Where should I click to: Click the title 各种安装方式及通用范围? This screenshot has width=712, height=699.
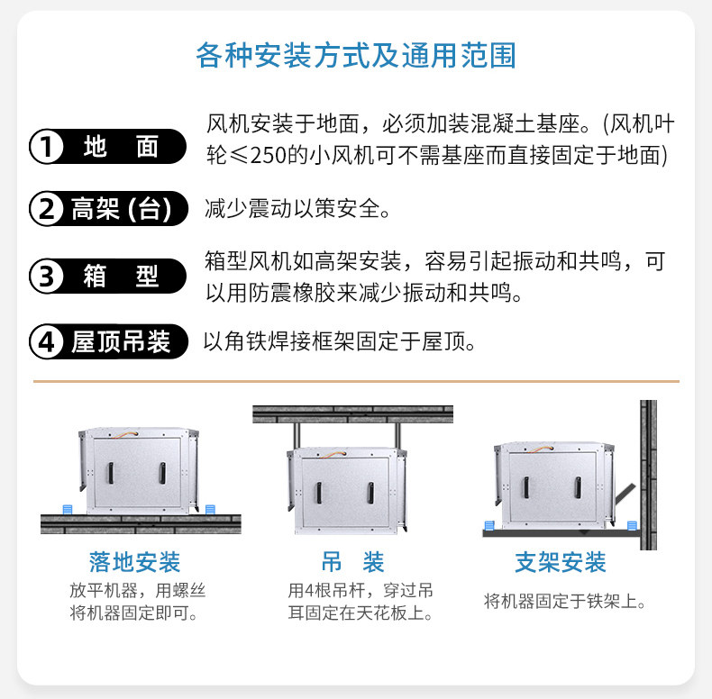coord(355,55)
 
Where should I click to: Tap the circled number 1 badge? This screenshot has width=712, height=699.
coord(46,147)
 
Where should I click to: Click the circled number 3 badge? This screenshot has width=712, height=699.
coord(46,276)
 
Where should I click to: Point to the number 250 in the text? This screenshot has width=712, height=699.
coord(269,155)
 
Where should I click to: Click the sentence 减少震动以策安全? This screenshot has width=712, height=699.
coord(297,209)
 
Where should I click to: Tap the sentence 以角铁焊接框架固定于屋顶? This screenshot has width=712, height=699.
coord(339,341)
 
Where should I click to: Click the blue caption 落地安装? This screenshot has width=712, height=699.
coord(135,562)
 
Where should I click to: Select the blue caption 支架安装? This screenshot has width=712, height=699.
coord(561,562)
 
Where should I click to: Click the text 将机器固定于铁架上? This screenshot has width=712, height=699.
coord(564,601)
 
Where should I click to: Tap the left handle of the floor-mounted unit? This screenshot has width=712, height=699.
coord(110,473)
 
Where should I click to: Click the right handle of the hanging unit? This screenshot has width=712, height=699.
coord(370,493)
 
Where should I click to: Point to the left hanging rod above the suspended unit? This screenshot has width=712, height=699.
coord(297,436)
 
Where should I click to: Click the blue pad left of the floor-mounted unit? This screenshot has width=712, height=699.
coord(68,509)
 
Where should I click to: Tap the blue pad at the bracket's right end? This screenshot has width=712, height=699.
coord(632,526)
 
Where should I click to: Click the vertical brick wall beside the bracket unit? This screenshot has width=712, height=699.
coord(648,475)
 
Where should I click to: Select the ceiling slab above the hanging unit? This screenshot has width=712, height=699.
coord(352,414)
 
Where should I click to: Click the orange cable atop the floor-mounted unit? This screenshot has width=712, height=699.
coord(123,434)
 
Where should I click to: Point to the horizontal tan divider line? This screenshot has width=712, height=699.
coord(356,381)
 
